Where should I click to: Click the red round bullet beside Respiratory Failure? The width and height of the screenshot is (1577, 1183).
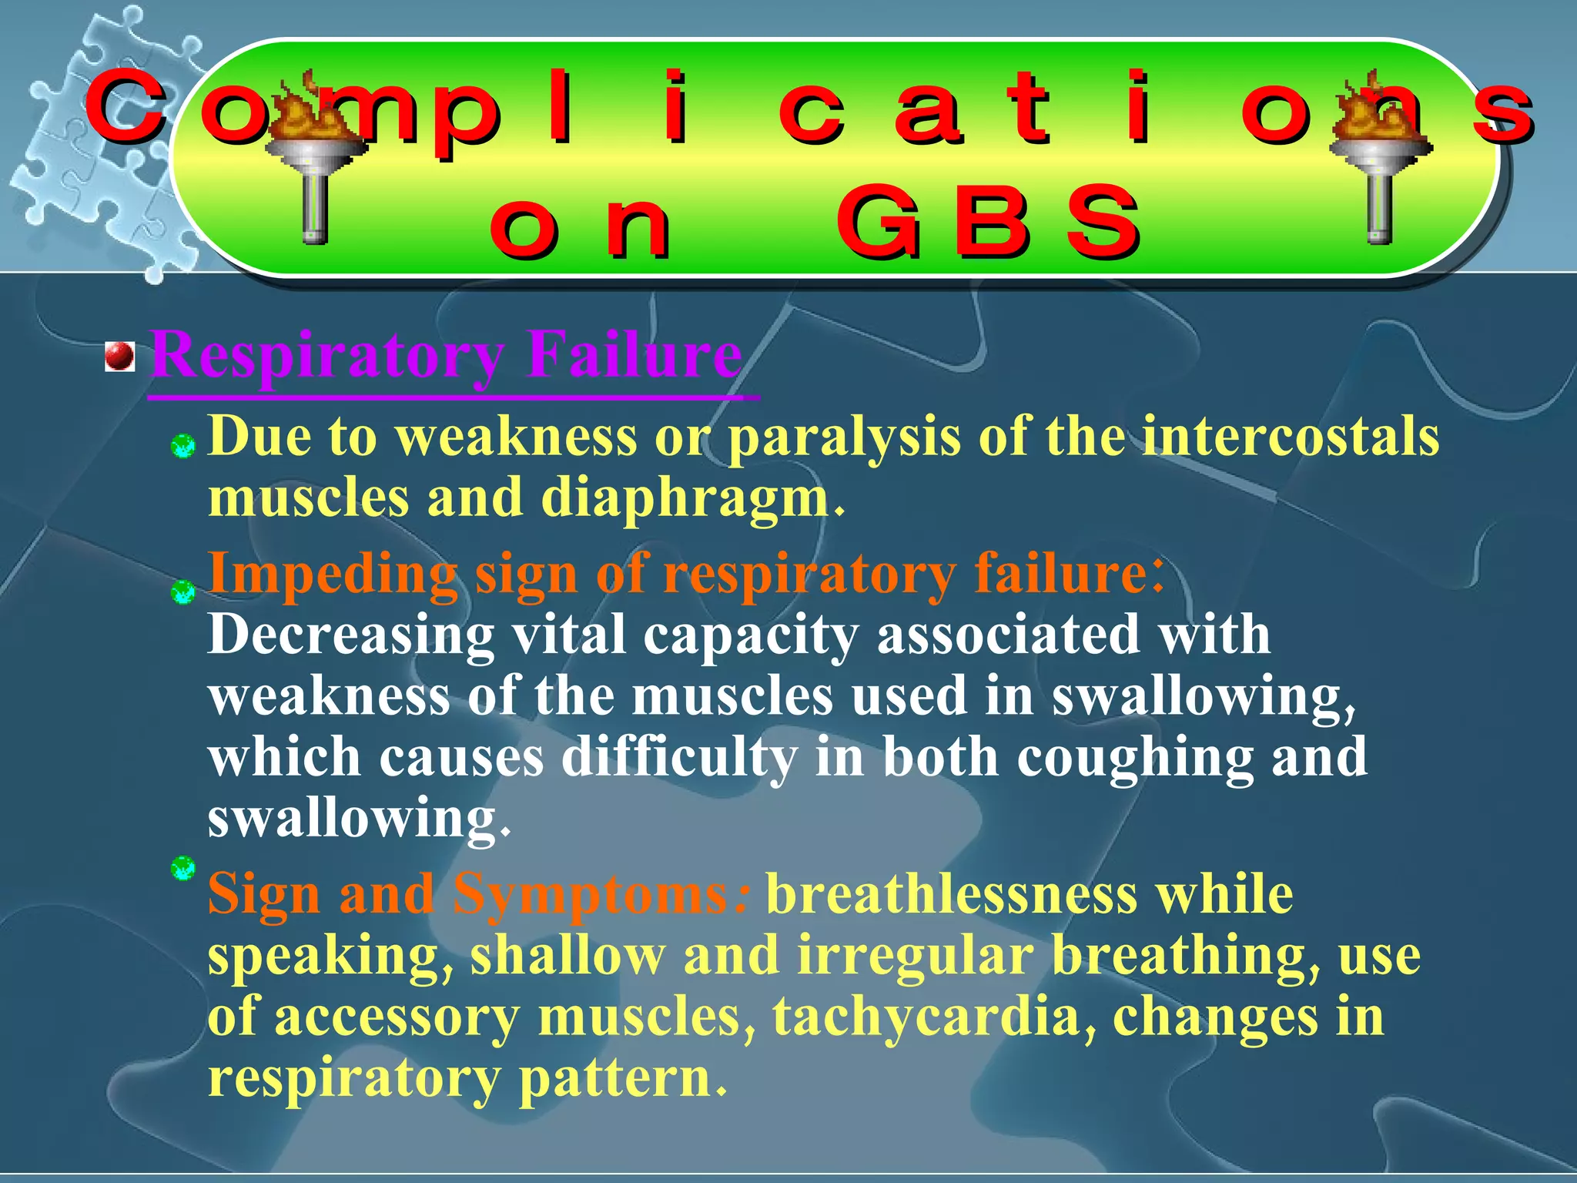tap(119, 357)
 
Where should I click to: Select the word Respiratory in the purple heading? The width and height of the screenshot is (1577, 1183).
tap(326, 356)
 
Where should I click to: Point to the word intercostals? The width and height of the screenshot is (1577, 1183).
tap(1290, 437)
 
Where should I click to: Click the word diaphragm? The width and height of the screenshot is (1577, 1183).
tap(685, 498)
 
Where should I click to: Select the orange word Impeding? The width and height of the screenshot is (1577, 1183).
tap(332, 575)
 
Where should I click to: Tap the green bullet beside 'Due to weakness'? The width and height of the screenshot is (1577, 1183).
tap(183, 446)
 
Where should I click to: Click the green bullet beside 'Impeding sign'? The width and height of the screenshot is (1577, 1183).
tap(183, 592)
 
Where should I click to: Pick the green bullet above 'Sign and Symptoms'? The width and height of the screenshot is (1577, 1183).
tap(183, 868)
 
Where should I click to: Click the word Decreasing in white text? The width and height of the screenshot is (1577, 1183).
tap(350, 636)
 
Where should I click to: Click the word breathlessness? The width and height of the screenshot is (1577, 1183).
tap(952, 894)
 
